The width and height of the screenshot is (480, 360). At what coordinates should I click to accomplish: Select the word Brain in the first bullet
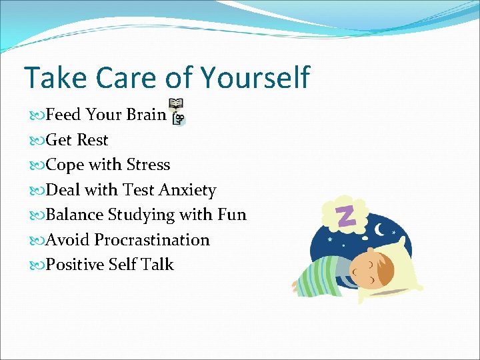pos(146,115)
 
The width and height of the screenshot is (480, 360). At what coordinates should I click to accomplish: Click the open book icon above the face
pos(176,105)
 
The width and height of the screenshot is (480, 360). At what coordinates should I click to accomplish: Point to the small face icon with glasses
pos(178,119)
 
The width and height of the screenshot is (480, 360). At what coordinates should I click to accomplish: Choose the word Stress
pos(148,165)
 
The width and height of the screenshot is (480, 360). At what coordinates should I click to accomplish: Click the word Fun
pos(231,215)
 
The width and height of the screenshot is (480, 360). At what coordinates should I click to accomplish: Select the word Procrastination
pos(152,240)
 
